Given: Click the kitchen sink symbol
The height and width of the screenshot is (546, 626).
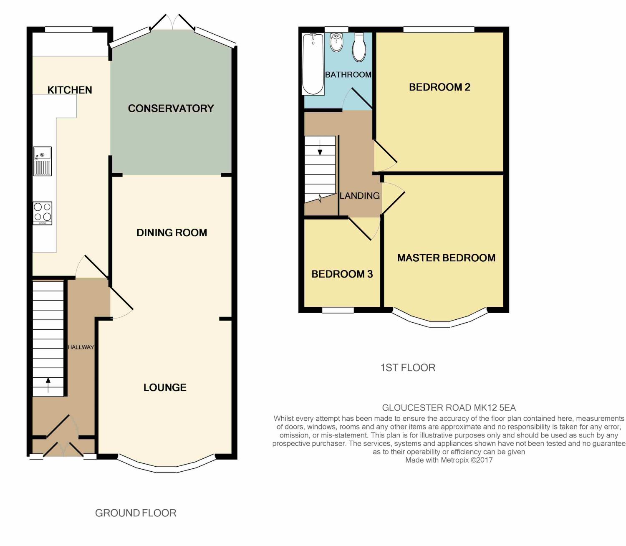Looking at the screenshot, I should click(x=42, y=161).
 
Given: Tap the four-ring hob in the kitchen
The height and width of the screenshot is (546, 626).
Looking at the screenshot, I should click(x=43, y=213).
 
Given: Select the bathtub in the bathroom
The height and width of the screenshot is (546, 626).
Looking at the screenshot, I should click(x=313, y=64).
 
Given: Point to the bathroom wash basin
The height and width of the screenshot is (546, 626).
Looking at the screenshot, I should click(x=336, y=42).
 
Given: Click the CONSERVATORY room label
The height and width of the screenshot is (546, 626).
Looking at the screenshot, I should click(x=171, y=109).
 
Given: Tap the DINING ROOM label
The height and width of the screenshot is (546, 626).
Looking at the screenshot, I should click(x=172, y=233).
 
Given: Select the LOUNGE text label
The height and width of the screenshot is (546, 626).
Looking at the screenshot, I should click(x=165, y=388).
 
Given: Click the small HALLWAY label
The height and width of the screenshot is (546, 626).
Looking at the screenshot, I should click(x=81, y=347).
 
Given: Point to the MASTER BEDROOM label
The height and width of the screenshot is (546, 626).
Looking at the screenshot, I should click(x=446, y=258).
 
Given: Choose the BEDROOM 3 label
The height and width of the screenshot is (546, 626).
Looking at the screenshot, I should click(x=342, y=274).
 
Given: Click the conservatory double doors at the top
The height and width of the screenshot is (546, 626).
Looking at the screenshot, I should click(x=172, y=23).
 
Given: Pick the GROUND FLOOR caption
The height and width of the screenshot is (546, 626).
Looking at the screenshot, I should click(x=136, y=513).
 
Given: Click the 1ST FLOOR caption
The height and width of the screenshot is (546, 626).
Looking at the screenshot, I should click(x=408, y=368).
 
